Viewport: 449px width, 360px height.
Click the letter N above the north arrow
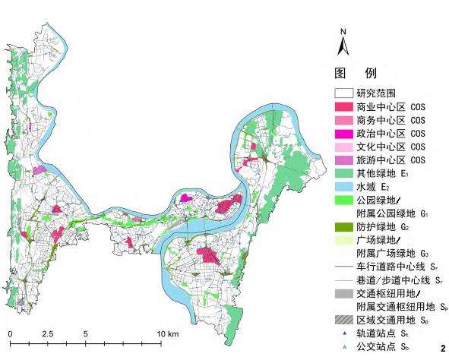(343, 32)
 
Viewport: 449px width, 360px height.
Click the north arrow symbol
(343, 47)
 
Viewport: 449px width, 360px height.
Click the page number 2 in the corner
(442, 348)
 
